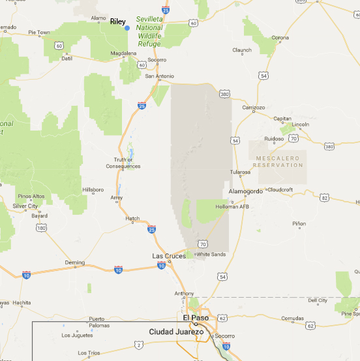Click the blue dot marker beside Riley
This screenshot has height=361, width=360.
(x=127, y=28)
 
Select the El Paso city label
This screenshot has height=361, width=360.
(x=195, y=318)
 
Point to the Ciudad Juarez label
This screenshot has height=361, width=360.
(x=176, y=332)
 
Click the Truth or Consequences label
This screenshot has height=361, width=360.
(x=123, y=163)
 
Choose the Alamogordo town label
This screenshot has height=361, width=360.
(x=245, y=191)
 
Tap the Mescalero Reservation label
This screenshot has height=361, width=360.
(x=279, y=162)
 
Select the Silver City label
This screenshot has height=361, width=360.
(x=25, y=206)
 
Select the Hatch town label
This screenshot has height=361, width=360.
(x=132, y=219)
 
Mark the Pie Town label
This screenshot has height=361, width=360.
(x=39, y=32)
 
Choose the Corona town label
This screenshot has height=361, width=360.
(x=280, y=38)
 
